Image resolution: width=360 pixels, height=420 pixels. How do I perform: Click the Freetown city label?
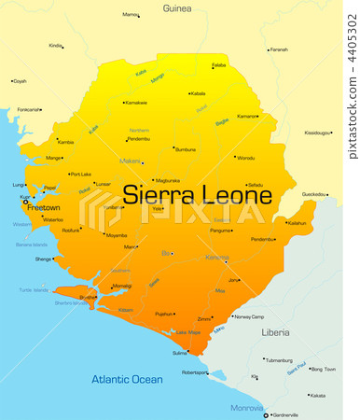tap(44, 207)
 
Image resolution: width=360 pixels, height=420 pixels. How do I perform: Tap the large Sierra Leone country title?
tap(198, 196)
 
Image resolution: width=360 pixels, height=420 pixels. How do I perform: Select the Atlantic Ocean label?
tap(127, 379)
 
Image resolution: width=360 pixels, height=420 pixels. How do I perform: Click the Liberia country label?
tap(275, 332)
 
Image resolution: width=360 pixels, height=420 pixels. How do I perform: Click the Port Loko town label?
tap(81, 174)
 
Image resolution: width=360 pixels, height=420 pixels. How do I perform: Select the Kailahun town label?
tap(297, 223)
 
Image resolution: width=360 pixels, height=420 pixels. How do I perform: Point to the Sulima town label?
tap(180, 353)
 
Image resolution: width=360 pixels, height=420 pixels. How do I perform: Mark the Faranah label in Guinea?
tap(279, 49)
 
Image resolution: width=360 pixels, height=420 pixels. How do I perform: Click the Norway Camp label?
tap(248, 316)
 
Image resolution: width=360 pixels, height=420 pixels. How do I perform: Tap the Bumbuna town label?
tap(186, 148)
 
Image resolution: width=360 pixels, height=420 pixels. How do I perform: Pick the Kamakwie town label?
tap(136, 103)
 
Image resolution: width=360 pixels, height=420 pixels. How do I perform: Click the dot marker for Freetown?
tap(25, 202)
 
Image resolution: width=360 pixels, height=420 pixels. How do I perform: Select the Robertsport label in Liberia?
tap(195, 371)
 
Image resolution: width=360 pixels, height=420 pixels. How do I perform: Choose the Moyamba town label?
tap(117, 235)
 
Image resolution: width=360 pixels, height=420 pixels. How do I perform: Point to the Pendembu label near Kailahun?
tap(263, 239)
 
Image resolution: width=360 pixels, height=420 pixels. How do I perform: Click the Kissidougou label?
tap(318, 133)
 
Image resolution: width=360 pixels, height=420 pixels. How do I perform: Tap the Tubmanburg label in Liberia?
tap(278, 359)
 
